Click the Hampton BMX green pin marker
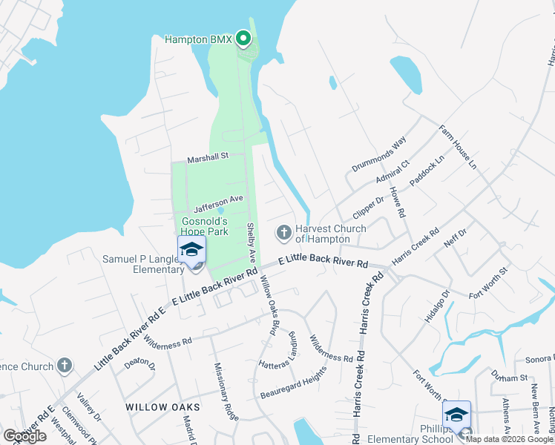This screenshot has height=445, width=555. [x=243, y=38]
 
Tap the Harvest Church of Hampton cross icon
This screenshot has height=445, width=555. [x=283, y=233]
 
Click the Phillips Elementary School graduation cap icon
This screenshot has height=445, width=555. [x=456, y=415]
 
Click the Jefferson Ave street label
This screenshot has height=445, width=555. [x=219, y=200]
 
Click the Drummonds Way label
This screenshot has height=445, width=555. [x=380, y=154]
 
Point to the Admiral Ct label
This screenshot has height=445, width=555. [x=394, y=174]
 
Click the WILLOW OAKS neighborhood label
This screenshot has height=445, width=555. [x=162, y=407]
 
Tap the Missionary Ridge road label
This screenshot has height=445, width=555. [x=227, y=392]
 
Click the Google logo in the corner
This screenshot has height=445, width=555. [x=25, y=435]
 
